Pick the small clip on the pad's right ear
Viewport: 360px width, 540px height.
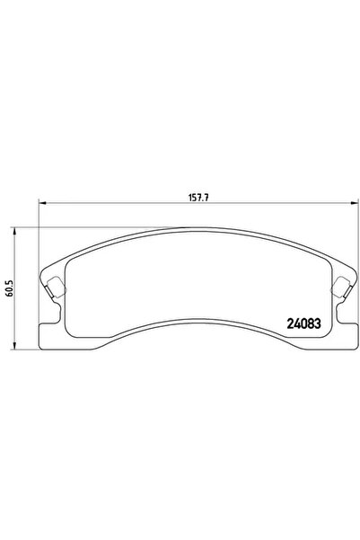(341, 288)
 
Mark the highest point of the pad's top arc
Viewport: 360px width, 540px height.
(197, 228)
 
